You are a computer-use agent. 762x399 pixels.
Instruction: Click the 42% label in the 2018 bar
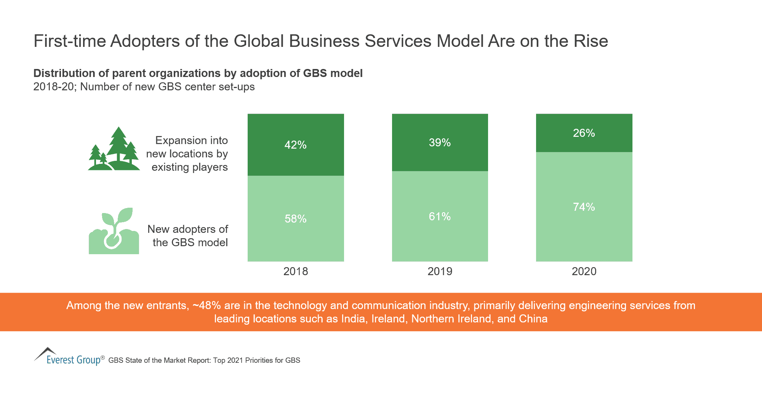(295, 145)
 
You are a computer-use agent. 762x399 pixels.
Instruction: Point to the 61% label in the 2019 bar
(440, 216)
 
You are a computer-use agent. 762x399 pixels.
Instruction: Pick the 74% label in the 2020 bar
(584, 207)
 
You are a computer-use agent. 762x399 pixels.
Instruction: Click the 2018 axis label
(296, 271)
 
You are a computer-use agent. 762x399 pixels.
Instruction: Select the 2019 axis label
(440, 271)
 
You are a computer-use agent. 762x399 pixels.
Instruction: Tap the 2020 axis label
(584, 271)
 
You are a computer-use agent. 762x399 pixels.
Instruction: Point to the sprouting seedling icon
(114, 231)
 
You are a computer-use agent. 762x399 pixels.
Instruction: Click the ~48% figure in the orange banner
(207, 306)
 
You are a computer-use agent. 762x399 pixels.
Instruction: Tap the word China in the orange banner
(533, 319)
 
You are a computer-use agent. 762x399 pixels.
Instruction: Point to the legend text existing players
(189, 167)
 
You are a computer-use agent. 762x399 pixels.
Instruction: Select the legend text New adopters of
(187, 229)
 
